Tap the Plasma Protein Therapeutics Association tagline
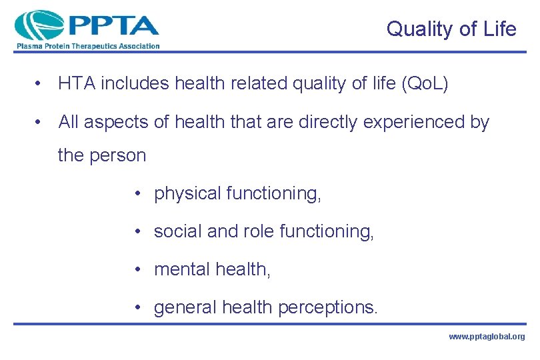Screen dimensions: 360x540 (87, 46)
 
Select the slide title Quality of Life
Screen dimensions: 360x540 (451, 29)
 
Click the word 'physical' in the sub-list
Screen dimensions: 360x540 (187, 193)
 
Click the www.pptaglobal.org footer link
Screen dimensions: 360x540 (486, 337)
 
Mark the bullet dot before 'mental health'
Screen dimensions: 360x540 (136, 269)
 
